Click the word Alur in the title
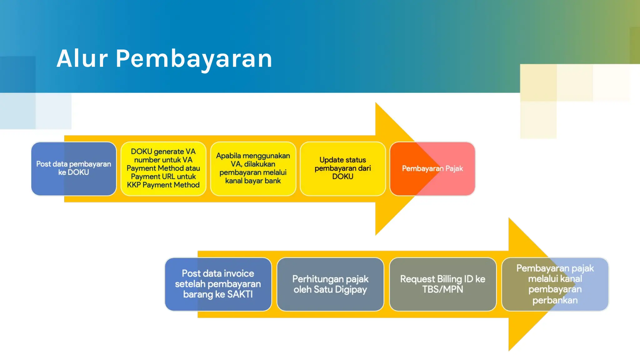point(82,59)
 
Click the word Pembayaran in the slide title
point(194,59)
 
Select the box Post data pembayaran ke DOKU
point(74,169)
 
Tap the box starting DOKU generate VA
point(163,169)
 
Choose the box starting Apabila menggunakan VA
point(253,169)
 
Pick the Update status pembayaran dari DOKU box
point(343,169)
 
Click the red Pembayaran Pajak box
point(432,169)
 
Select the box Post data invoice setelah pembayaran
point(218,284)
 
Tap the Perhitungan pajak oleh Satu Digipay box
point(330,284)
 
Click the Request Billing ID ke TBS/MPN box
point(442,284)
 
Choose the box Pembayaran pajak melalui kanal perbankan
point(555,284)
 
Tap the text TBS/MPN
point(442,289)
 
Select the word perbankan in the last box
point(555,300)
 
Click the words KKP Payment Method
point(163,185)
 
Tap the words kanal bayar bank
point(253,181)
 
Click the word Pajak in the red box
point(454,169)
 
